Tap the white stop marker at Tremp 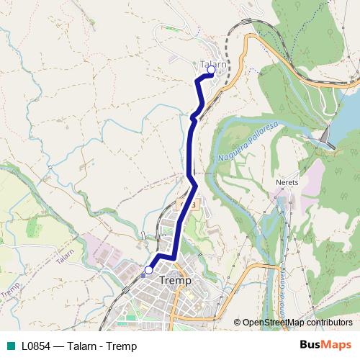click(x=149, y=270)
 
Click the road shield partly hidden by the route click(x=193, y=204)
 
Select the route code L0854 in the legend click(x=35, y=346)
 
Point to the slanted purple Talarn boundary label click(x=65, y=256)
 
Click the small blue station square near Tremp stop click(x=143, y=274)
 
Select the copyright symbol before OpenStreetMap click(x=237, y=323)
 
